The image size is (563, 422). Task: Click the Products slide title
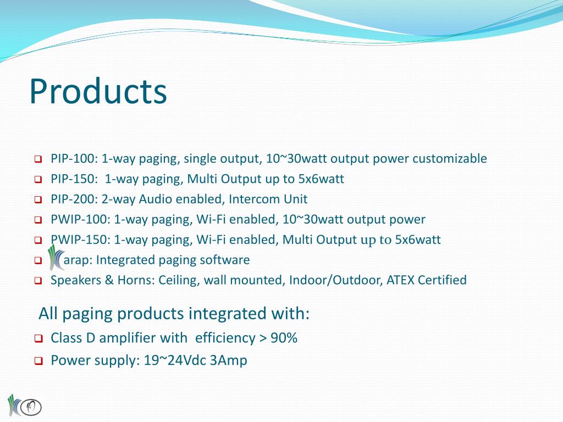point(98,91)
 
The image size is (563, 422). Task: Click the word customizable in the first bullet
point(450,159)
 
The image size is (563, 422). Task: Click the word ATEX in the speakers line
point(400,280)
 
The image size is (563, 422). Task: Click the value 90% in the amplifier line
point(284,338)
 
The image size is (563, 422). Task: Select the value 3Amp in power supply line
point(229,360)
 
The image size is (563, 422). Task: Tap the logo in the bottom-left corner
point(24,406)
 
